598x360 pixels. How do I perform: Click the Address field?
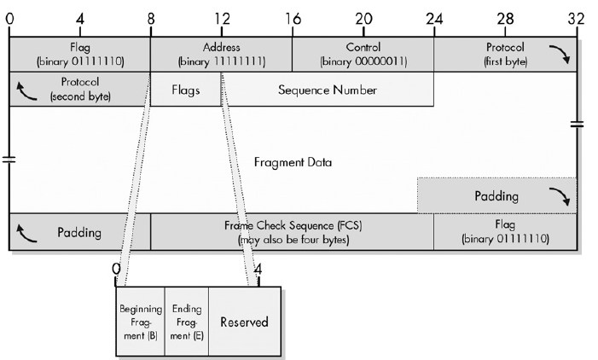(x=221, y=54)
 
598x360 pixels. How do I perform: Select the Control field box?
(x=363, y=54)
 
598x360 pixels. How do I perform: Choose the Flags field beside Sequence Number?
(x=185, y=90)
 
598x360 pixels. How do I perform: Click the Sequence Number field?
(x=327, y=90)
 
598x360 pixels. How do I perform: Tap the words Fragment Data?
(x=293, y=161)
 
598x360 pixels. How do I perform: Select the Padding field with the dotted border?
(x=496, y=196)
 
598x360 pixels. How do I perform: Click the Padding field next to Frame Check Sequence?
(x=79, y=232)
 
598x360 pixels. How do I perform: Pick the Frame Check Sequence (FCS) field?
(x=292, y=232)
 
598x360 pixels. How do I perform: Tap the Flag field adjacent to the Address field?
(x=79, y=54)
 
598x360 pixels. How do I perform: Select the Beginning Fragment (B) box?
(x=140, y=322)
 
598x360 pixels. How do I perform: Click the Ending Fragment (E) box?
(x=186, y=322)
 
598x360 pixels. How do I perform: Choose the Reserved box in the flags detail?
(x=244, y=322)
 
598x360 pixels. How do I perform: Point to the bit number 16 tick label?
(x=292, y=18)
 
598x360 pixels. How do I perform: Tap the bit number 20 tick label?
(x=363, y=18)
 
